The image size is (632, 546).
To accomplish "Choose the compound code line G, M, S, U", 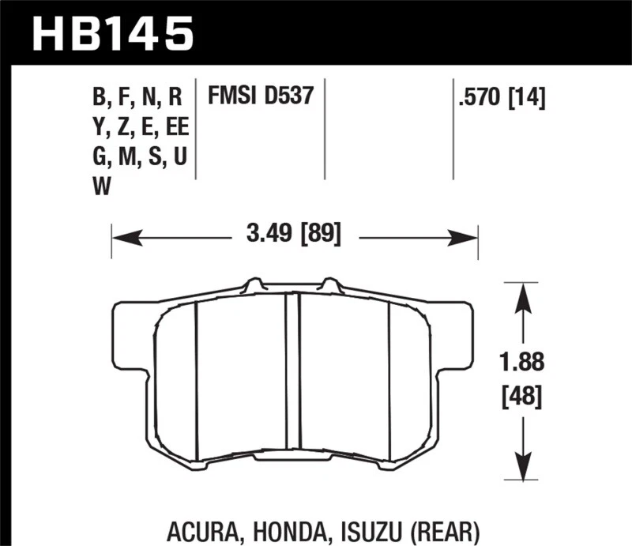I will coord(139,157).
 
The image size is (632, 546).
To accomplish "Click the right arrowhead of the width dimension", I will coord(468,235).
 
